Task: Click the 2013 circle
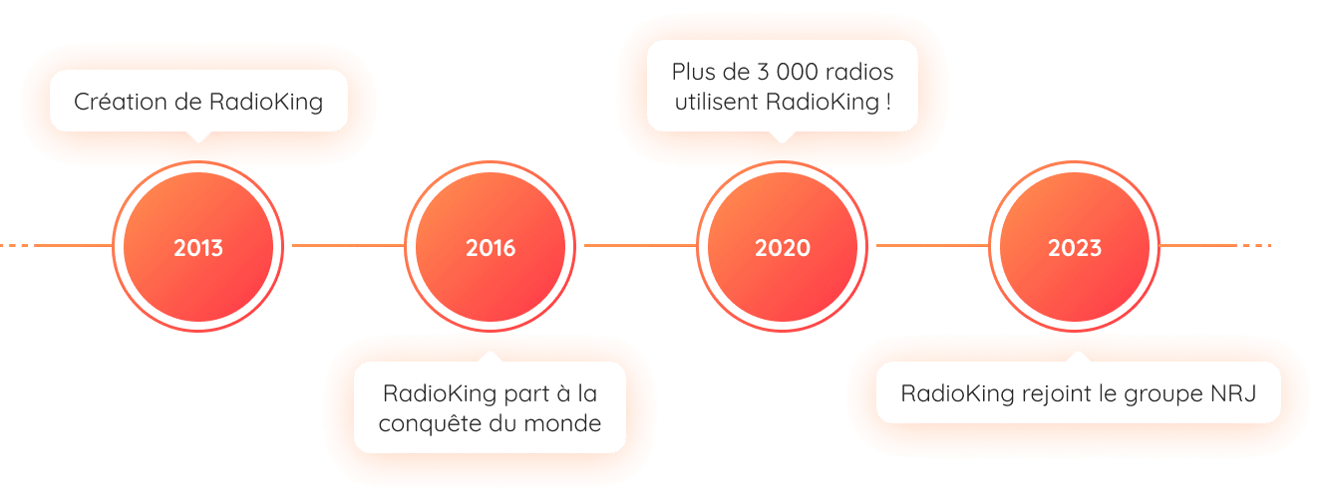click(198, 247)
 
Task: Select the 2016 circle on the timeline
click(491, 247)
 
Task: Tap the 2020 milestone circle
click(783, 247)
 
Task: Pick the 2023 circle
click(1075, 247)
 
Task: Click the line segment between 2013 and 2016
click(345, 244)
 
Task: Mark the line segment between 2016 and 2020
click(637, 244)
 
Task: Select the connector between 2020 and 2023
click(929, 244)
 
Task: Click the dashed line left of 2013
click(40, 244)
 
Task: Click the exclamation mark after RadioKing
click(887, 102)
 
